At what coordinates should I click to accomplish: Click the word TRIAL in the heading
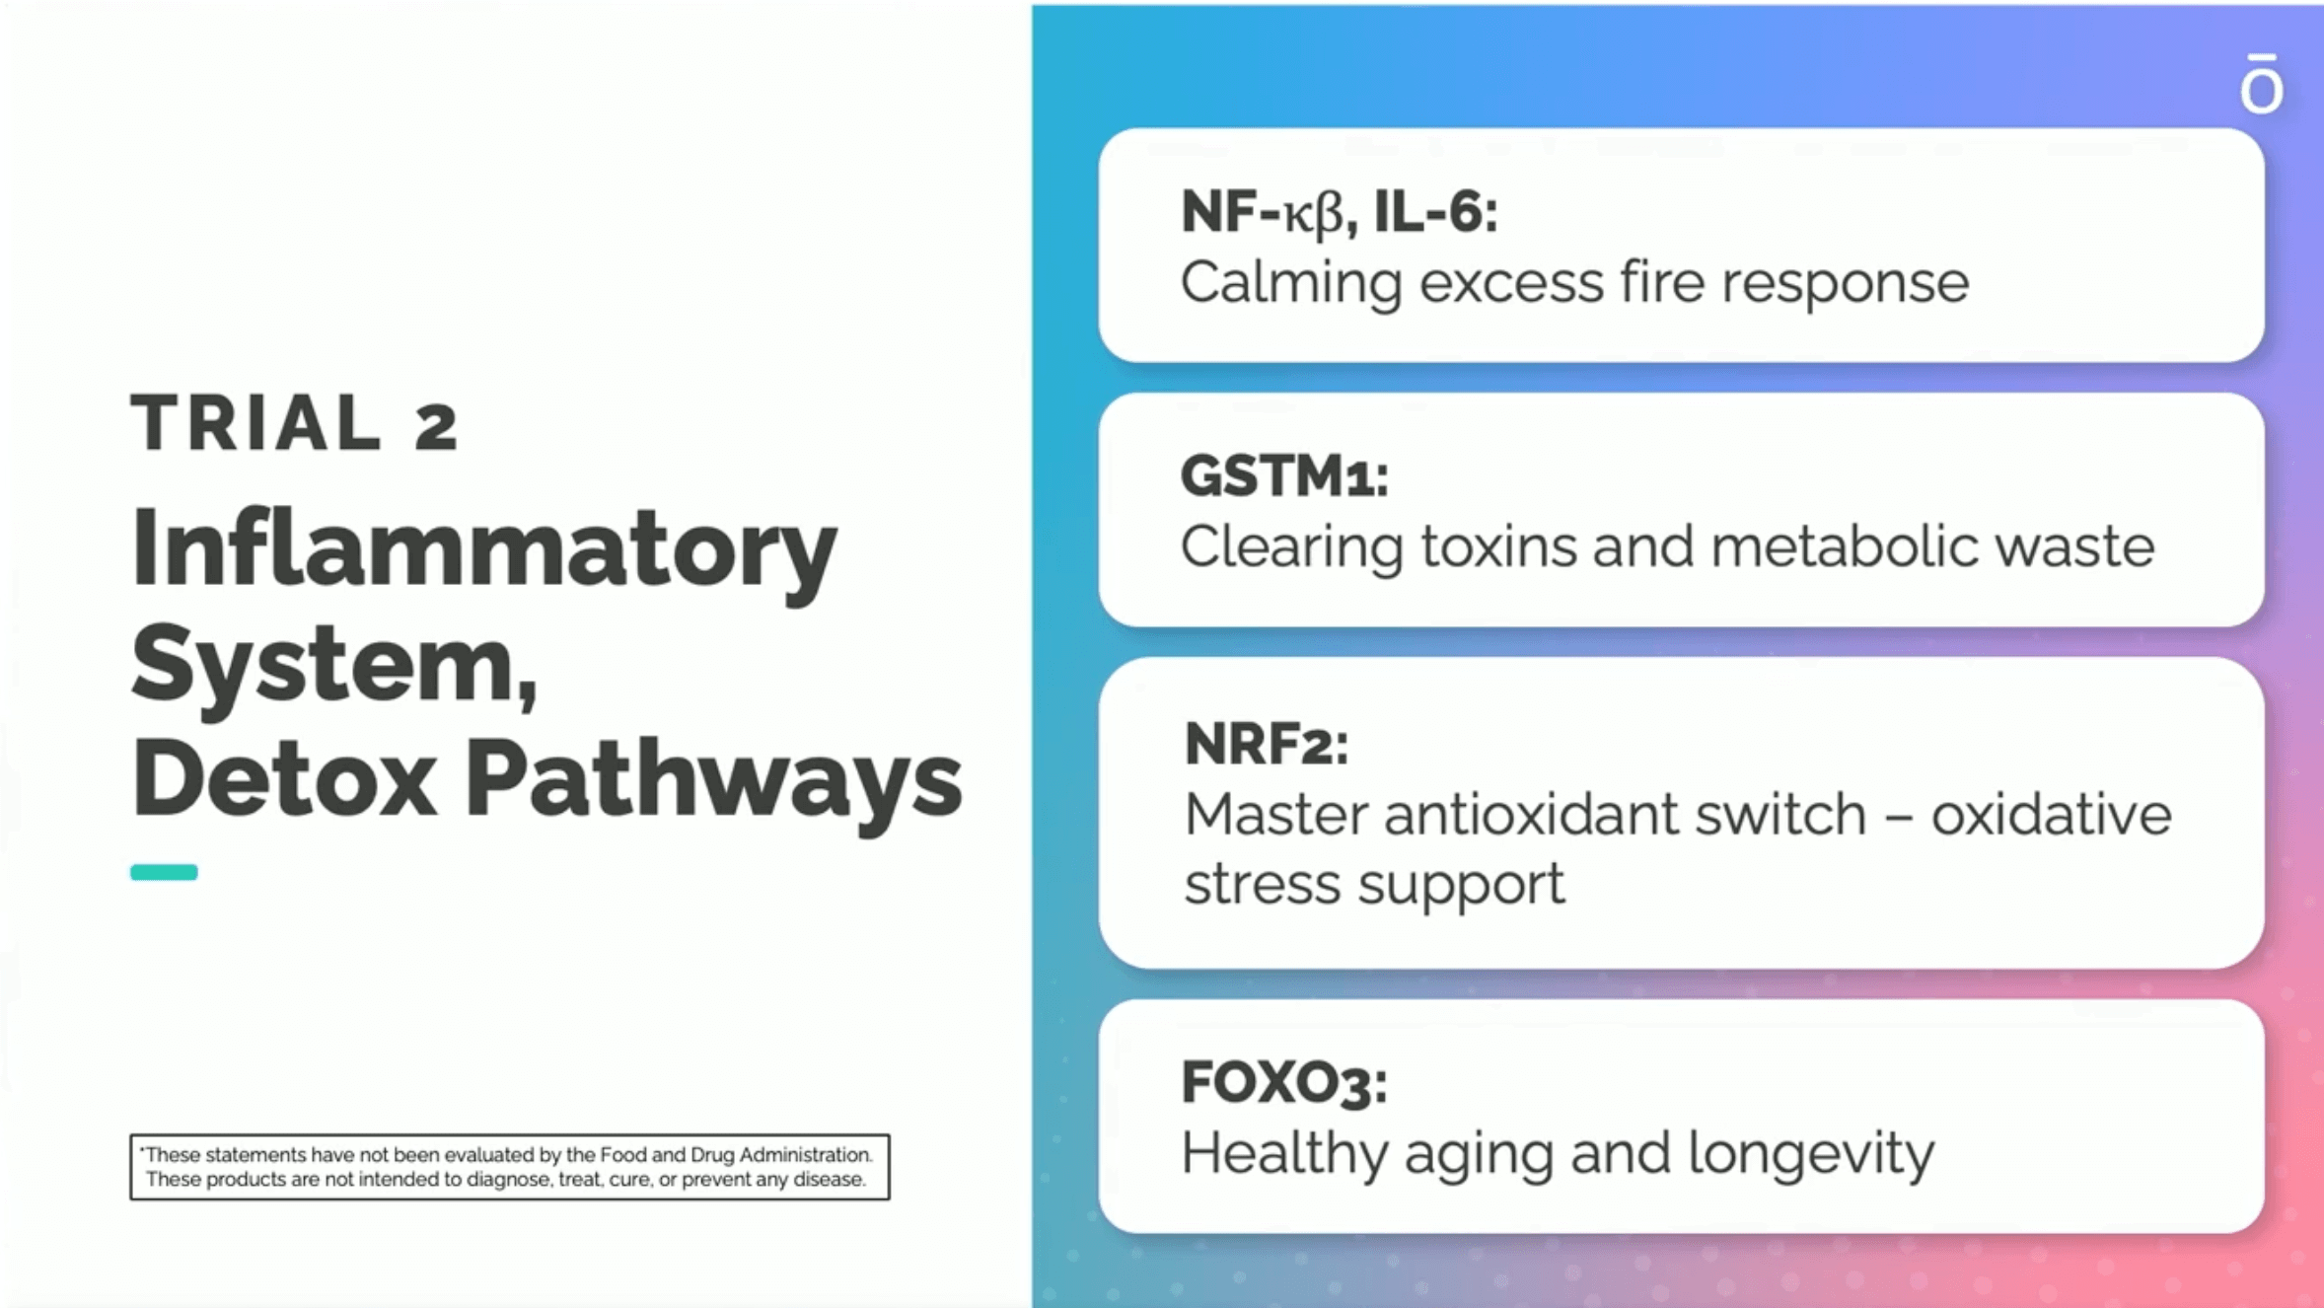coord(255,422)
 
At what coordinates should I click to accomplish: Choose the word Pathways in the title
coord(713,784)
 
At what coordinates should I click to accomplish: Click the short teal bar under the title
coord(164,872)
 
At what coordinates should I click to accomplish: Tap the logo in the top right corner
coord(2261,85)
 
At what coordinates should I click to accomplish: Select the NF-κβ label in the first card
coord(1262,213)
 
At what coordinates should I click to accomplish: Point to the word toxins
coord(1498,546)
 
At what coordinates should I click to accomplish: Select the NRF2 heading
coord(1266,744)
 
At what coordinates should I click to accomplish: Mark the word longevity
coord(1811,1154)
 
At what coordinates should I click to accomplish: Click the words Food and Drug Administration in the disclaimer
coord(736,1155)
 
